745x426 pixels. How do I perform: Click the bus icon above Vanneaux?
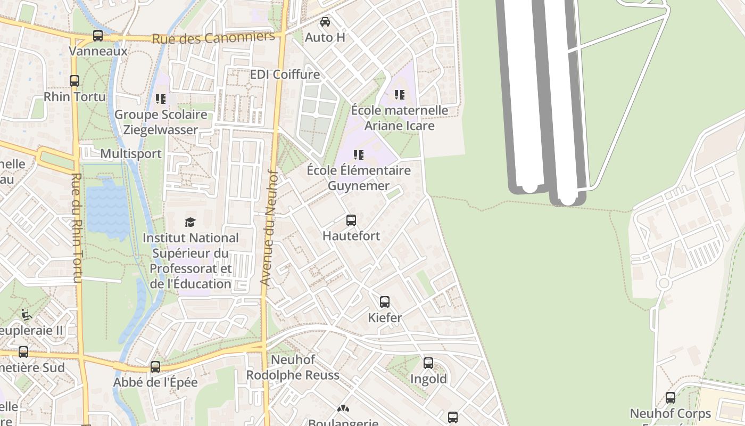tap(98, 36)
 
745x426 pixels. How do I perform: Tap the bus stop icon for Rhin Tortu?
tap(74, 81)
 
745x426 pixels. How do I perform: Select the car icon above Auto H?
tap(325, 22)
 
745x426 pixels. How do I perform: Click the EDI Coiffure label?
tap(285, 74)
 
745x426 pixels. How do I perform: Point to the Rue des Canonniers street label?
tap(213, 38)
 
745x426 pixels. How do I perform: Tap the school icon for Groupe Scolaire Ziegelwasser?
tap(161, 99)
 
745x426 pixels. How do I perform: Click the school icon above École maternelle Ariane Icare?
tap(399, 95)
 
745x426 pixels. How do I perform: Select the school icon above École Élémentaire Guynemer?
tap(359, 155)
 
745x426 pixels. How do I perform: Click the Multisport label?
tap(131, 154)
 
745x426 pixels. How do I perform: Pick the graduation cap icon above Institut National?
tap(190, 222)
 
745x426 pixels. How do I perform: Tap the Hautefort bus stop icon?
tap(351, 220)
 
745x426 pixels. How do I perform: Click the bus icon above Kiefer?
tap(385, 302)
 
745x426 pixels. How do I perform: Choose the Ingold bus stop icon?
tap(428, 363)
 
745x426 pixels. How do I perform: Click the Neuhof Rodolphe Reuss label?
tap(292, 367)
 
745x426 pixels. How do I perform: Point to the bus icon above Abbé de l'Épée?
tap(155, 367)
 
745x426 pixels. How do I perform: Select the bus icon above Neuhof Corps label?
tap(670, 398)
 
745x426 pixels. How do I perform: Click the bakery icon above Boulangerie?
tap(343, 408)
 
